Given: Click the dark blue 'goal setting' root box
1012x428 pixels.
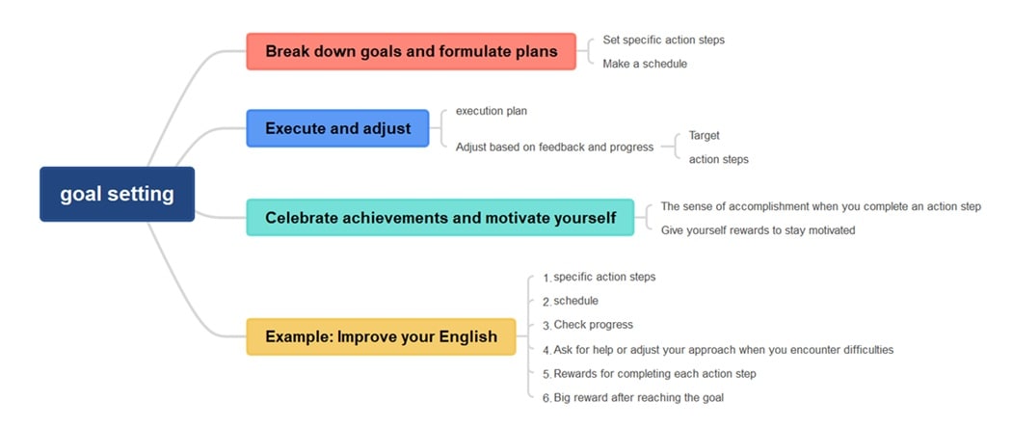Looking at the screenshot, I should click(x=117, y=194).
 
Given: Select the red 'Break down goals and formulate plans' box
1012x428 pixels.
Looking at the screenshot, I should click(x=411, y=51).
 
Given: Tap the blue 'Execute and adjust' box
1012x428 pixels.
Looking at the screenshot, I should click(x=337, y=128).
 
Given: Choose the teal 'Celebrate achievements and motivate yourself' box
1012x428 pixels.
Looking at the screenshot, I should click(x=439, y=218).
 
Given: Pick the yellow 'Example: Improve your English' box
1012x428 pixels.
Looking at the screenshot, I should click(x=381, y=336).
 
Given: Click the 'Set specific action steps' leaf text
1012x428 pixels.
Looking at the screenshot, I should click(x=663, y=40).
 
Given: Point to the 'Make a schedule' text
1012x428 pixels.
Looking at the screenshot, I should click(x=645, y=64).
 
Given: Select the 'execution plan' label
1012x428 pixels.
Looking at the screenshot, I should click(x=492, y=111).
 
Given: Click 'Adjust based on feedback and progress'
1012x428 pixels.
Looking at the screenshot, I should click(x=554, y=147).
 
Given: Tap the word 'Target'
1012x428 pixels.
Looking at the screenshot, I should click(x=704, y=136).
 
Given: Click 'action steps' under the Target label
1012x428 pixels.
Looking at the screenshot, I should click(x=718, y=159).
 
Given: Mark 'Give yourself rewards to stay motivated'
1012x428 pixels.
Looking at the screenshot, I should click(x=758, y=230).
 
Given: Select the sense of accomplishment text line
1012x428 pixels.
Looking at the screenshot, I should click(x=820, y=206).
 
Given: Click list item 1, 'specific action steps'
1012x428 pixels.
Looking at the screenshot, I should click(x=603, y=278).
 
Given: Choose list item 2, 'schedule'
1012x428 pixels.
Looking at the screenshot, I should click(x=575, y=301).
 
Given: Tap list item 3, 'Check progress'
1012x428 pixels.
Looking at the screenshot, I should click(x=593, y=325).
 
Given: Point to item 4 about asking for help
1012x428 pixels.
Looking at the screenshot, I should click(x=723, y=350).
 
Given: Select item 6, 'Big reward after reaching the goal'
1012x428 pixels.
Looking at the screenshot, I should click(x=638, y=397).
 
